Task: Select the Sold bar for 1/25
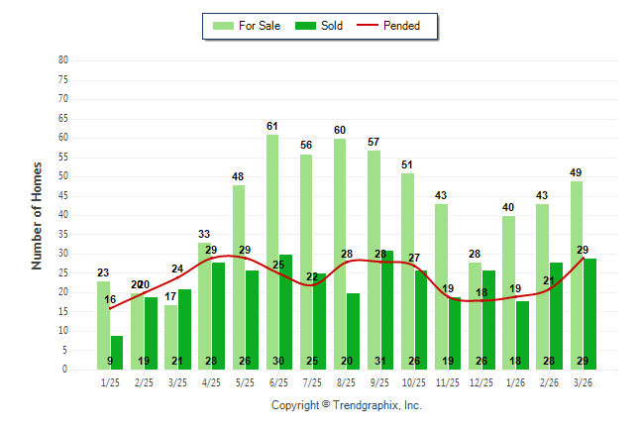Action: (117, 352)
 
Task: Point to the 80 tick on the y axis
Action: (62, 60)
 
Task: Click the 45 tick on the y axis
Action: (62, 195)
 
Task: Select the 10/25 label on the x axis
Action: (414, 381)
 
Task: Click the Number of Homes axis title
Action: (37, 215)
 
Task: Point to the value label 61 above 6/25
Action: (272, 126)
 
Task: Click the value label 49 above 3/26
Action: (577, 172)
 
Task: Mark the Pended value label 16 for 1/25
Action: (110, 299)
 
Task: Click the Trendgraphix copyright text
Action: (346, 405)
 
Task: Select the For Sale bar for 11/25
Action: (441, 286)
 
